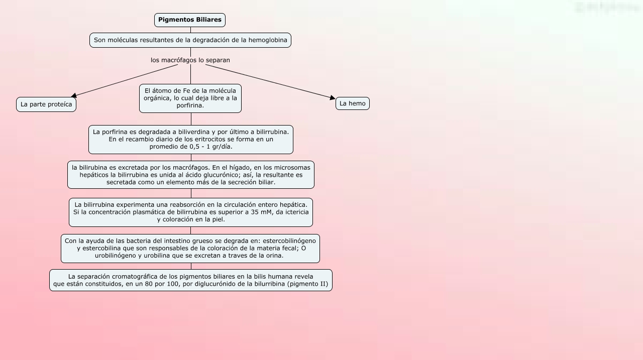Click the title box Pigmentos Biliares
pos(190,20)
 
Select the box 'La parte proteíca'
pos(46,104)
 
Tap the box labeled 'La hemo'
pos(353,103)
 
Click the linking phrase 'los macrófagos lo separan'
pos(190,60)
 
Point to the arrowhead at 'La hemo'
pos(332,98)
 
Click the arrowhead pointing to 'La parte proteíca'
pos(74,95)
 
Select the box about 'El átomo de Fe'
pos(190,98)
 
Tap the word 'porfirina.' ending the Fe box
pos(190,106)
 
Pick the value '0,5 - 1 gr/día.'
pos(211,147)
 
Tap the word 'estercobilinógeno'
pos(289,241)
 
